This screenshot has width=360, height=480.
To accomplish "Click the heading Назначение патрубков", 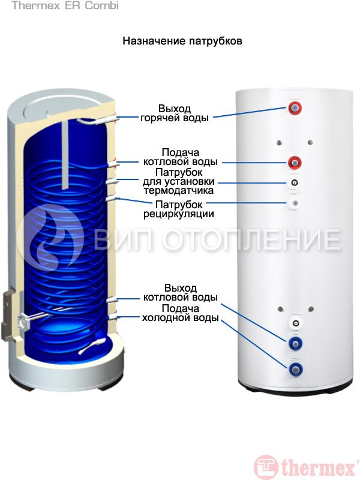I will click(182, 41).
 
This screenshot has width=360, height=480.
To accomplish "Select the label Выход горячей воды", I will click(175, 113).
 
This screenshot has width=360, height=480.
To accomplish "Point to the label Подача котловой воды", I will click(181, 157).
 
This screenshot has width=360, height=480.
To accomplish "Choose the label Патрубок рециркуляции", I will click(178, 208).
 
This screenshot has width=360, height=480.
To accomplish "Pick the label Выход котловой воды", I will click(181, 292).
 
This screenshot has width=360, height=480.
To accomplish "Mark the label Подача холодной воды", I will click(181, 313).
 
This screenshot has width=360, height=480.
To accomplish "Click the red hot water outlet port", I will click(295, 109).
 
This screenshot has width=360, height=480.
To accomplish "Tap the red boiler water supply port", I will click(295, 163).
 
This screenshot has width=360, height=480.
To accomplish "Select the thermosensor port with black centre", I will click(295, 183).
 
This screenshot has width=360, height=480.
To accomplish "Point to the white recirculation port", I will click(295, 204).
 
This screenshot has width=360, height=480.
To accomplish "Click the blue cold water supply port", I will click(295, 368).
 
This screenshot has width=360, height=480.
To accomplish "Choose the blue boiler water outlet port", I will click(295, 343).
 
